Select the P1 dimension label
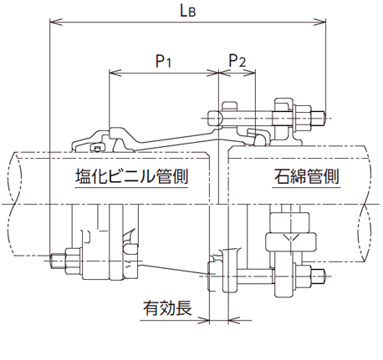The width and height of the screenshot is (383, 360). point(164,61)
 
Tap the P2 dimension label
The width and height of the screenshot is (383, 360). point(237,61)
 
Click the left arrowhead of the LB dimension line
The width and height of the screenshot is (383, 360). point(54,23)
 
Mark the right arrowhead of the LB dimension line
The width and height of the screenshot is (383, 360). point(322,23)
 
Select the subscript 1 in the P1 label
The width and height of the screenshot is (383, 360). point(170,64)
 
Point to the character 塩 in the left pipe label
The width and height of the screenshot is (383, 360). point(84,177)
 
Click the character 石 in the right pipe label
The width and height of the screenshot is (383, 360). point(281,177)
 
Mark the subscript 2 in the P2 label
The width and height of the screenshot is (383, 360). point(243,64)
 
